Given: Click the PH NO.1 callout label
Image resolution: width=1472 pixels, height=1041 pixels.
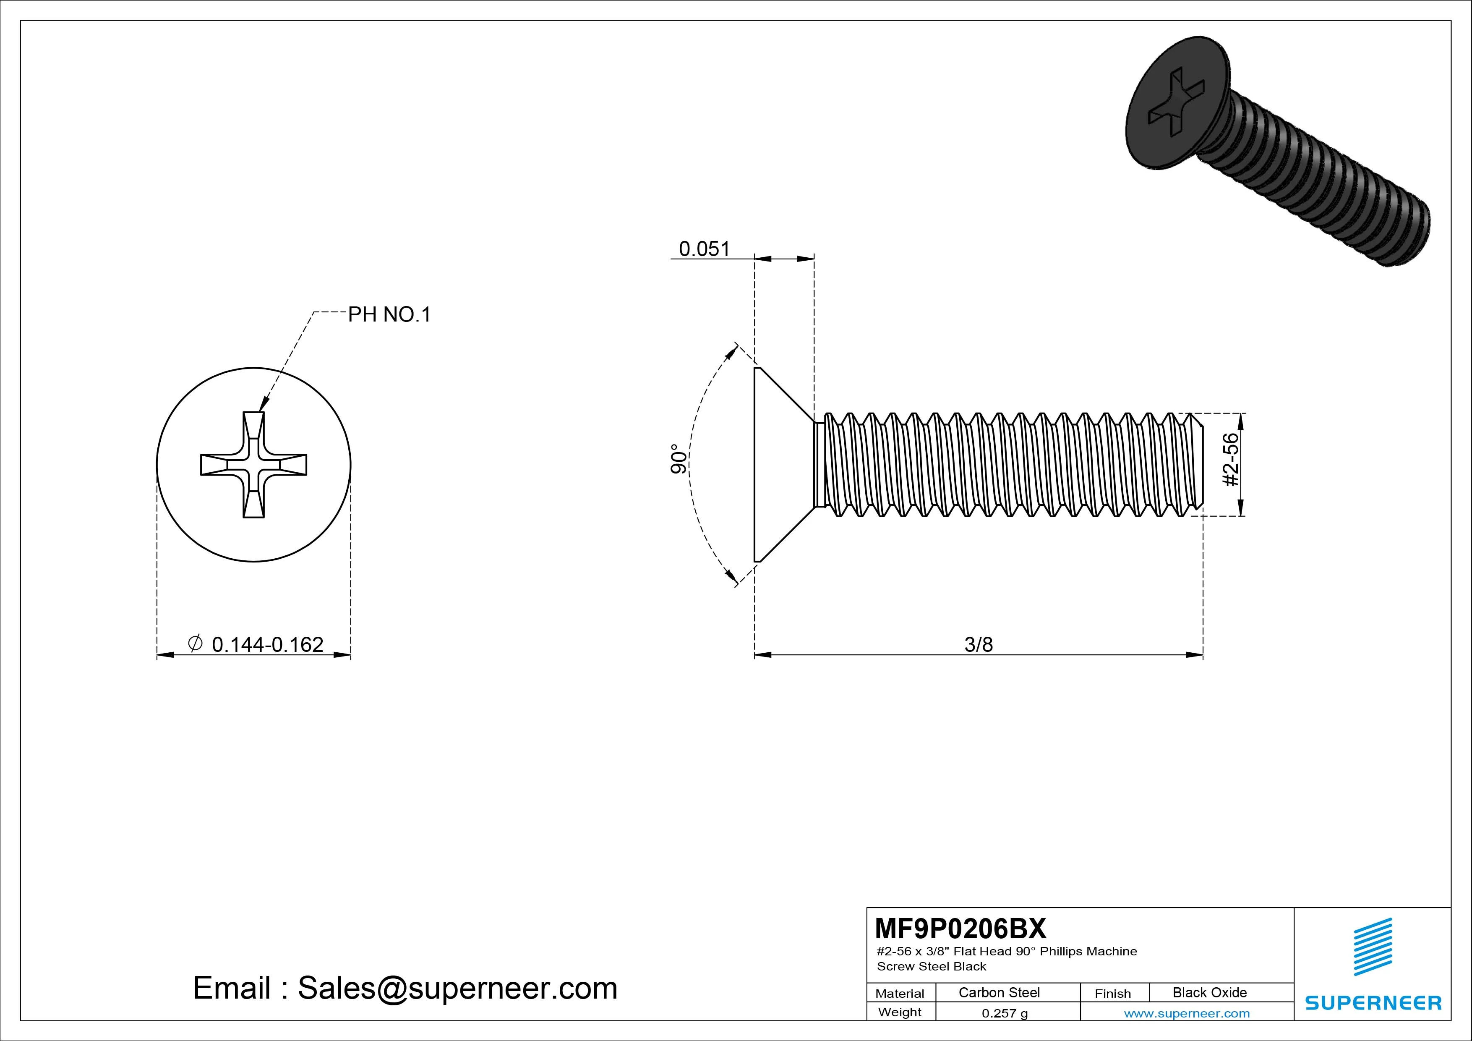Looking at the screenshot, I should pos(389,314).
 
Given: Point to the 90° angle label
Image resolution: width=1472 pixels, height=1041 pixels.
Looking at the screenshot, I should pos(678,459).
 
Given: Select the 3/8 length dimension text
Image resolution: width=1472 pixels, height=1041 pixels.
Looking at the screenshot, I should pos(979,644).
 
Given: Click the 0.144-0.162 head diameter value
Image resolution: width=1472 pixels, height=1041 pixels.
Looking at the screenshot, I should pos(267,644).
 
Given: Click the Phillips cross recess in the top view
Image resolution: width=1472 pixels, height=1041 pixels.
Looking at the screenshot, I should pos(254,464).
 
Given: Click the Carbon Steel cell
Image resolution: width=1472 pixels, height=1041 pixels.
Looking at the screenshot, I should pos(999,992).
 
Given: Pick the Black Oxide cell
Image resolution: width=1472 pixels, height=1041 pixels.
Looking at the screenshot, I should pos(1209,992).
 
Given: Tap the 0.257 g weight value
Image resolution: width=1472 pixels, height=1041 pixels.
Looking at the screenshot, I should pos(1005,1013).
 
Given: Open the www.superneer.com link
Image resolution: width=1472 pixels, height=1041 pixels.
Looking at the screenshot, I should pos(1187,1013).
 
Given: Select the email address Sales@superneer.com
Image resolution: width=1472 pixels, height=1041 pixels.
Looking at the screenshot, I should pos(457,988).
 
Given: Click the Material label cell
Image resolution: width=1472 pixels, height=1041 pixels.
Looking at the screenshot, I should pos(900,993).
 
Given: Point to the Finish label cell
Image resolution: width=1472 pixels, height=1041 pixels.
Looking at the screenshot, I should pos(1112,993).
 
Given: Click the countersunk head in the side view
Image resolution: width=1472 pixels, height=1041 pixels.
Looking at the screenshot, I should pos(779,465).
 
